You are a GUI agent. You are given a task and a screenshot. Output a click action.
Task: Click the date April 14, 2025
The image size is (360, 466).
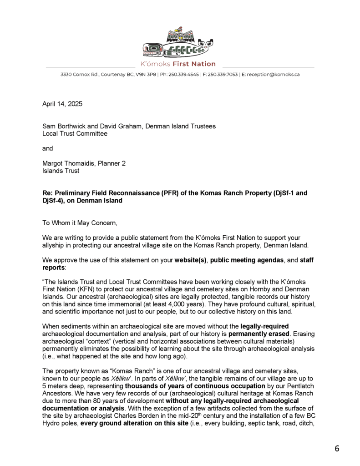62,104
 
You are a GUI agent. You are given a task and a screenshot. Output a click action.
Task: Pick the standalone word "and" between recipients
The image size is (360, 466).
47,148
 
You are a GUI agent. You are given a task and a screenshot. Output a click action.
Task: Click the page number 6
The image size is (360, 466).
337,448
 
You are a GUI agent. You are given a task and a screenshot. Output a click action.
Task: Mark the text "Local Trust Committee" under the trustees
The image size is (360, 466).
75,133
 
